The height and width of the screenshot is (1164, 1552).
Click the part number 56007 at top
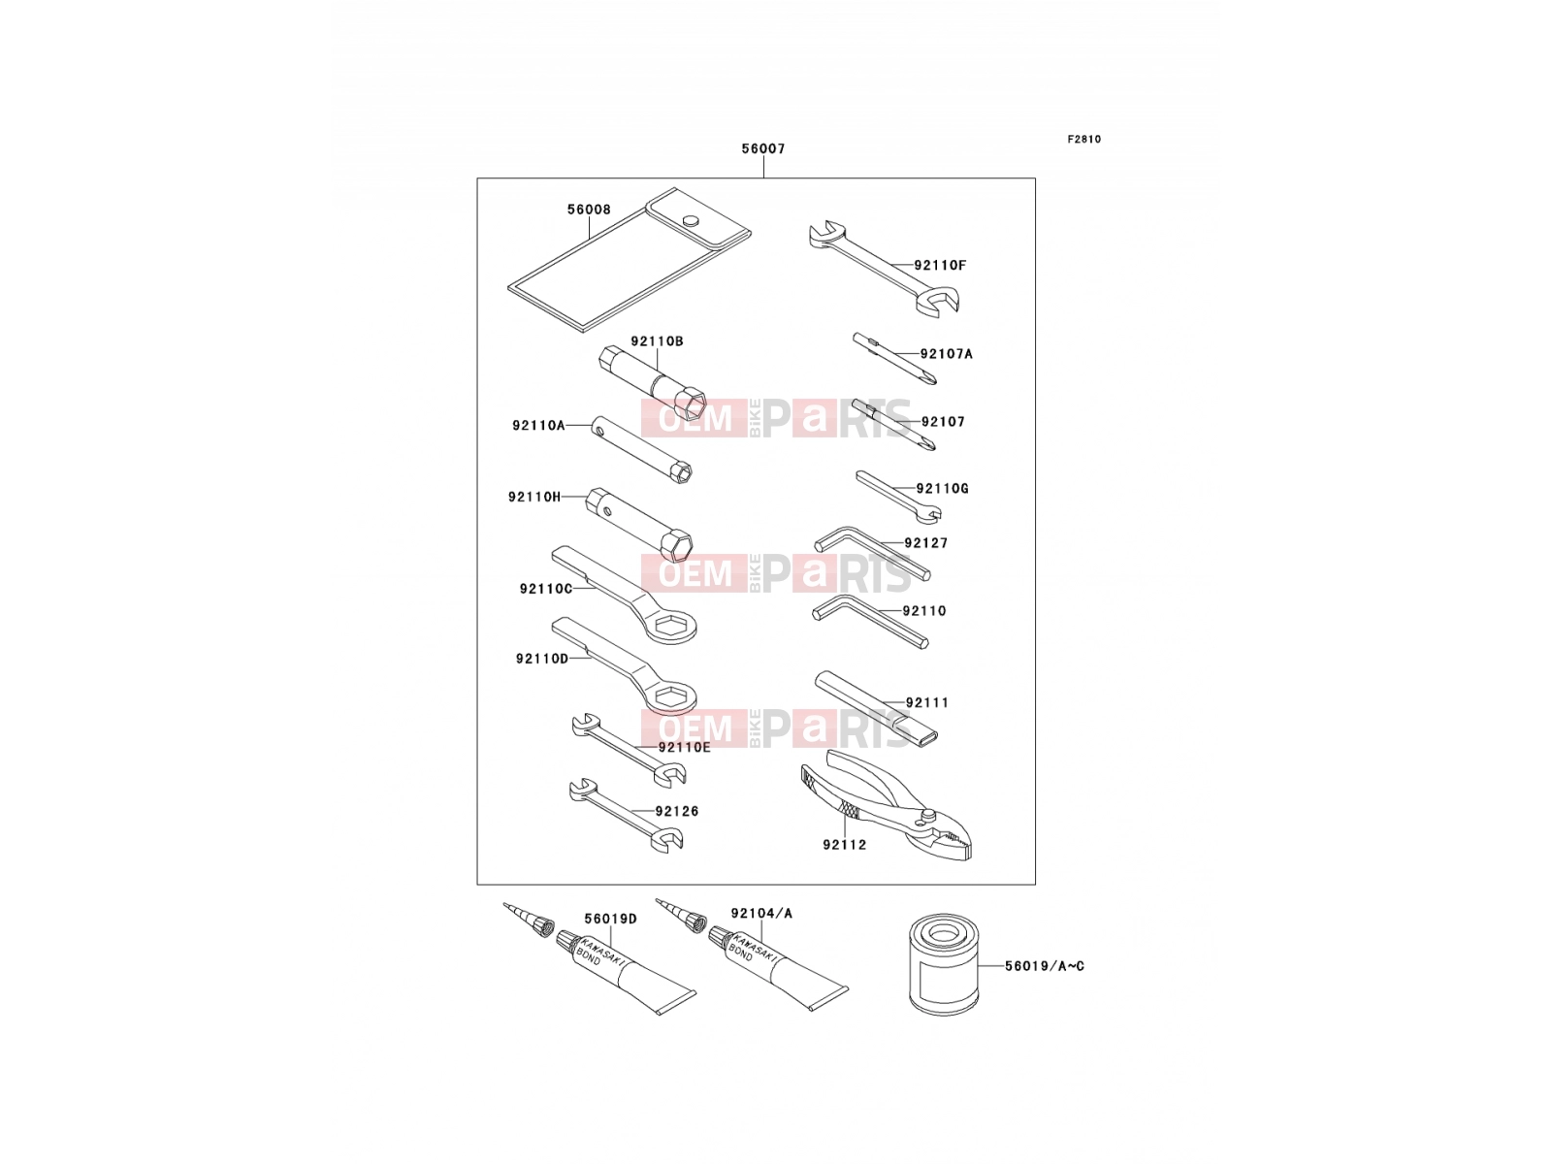pyautogui.click(x=763, y=149)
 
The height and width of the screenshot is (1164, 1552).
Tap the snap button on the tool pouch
pyautogui.click(x=691, y=220)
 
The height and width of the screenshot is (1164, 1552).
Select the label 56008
pyautogui.click(x=589, y=210)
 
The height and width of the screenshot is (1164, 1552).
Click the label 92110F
pyautogui.click(x=940, y=266)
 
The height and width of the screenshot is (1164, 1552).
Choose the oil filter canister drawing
pyautogui.click(x=943, y=965)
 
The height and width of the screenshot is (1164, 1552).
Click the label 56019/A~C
pyautogui.click(x=1045, y=966)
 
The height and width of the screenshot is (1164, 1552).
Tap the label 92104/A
pyautogui.click(x=761, y=914)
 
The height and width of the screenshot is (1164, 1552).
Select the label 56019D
pyautogui.click(x=610, y=919)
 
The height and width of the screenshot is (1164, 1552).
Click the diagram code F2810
pyautogui.click(x=1083, y=140)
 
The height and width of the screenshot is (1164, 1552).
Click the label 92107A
pyautogui.click(x=946, y=354)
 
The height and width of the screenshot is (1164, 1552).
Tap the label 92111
pyautogui.click(x=927, y=702)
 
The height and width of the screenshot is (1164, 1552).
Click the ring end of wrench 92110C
pyautogui.click(x=667, y=624)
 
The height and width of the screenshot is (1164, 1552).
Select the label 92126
pyautogui.click(x=677, y=811)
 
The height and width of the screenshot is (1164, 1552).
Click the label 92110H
pyautogui.click(x=534, y=497)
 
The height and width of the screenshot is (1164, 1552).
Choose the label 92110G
pyautogui.click(x=942, y=488)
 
